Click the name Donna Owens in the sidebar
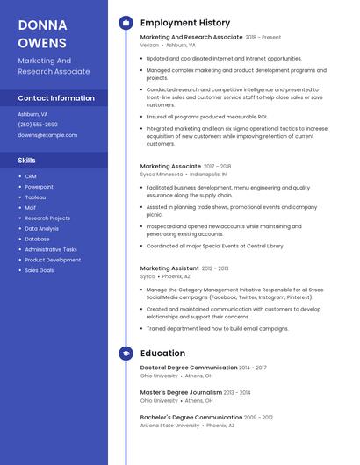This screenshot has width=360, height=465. click(42, 32)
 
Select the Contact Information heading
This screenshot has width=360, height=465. click(56, 98)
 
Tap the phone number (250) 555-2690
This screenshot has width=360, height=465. click(38, 125)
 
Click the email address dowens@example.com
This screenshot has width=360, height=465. click(47, 135)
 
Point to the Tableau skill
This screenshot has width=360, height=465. click(35, 197)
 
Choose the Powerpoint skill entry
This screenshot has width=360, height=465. click(39, 187)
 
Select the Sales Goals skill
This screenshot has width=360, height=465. click(39, 270)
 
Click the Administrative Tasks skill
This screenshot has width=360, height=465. click(51, 249)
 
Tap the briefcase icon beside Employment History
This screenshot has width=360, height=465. click(126, 23)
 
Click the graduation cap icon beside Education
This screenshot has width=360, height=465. click(126, 354)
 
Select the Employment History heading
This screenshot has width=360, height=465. click(185, 23)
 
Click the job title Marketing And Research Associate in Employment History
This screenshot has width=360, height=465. click(191, 38)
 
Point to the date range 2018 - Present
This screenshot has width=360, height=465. click(263, 38)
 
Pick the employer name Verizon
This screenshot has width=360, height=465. click(149, 45)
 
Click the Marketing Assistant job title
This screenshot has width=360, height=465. click(169, 268)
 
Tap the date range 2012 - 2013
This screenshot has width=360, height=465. click(215, 268)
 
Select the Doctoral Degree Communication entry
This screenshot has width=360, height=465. click(189, 368)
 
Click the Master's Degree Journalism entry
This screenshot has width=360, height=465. click(181, 392)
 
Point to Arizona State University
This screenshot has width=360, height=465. click(169, 425)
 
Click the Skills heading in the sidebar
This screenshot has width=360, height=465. click(27, 161)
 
